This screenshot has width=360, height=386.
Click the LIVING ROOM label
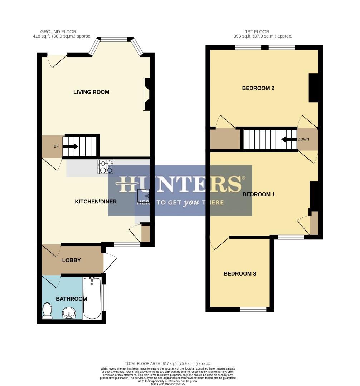91,92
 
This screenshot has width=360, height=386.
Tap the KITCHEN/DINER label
96,202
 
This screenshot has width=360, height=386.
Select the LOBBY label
72,260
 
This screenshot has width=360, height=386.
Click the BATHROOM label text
71,299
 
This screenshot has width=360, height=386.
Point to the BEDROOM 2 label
258,88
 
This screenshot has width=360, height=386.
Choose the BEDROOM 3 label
240,274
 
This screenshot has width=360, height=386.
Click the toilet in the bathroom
47,311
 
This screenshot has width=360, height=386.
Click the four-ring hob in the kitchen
105,167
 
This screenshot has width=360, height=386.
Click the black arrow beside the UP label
71,147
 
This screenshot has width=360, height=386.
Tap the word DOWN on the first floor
303,139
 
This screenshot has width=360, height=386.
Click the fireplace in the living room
147,94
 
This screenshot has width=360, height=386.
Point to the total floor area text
167,363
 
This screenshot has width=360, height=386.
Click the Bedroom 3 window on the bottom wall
253,309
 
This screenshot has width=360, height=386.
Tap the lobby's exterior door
110,263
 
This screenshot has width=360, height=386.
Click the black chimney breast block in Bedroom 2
313,88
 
